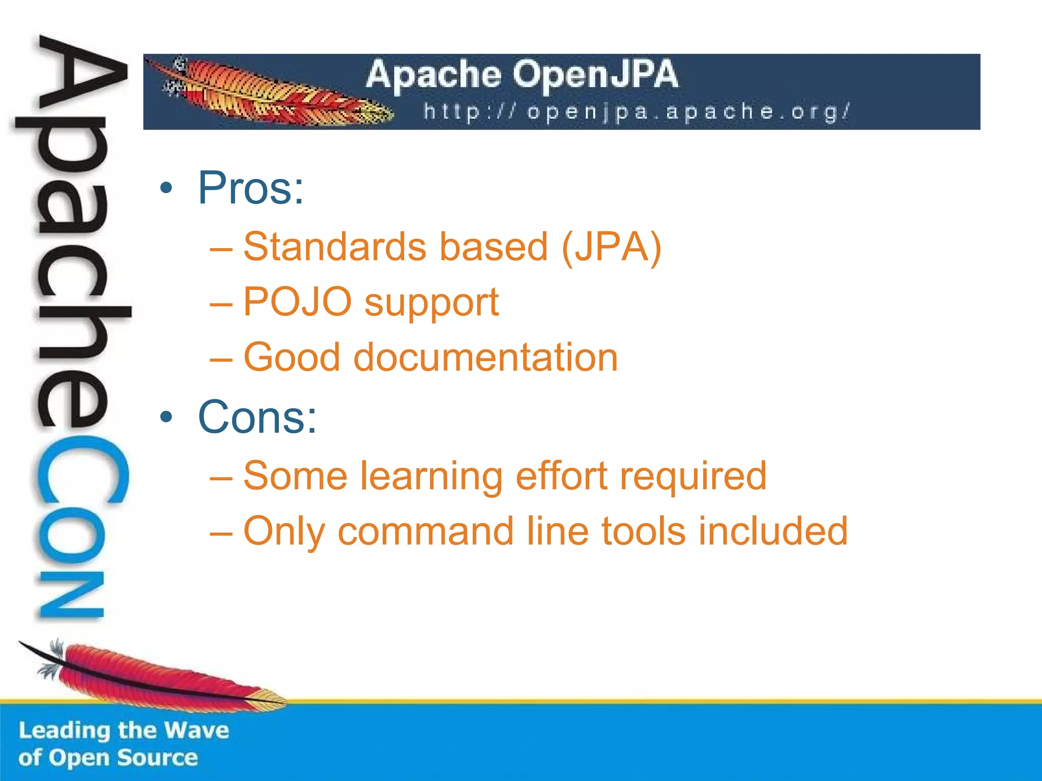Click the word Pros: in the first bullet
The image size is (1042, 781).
250,189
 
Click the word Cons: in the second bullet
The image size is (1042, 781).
257,417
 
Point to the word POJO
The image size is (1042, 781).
297,302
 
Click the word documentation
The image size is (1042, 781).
485,357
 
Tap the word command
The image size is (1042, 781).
426,531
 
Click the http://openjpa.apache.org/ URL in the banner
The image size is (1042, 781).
636,112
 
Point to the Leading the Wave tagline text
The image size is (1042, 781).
124,731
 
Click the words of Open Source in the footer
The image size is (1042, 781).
108,758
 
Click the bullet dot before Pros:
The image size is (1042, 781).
166,189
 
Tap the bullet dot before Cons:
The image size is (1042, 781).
166,417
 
